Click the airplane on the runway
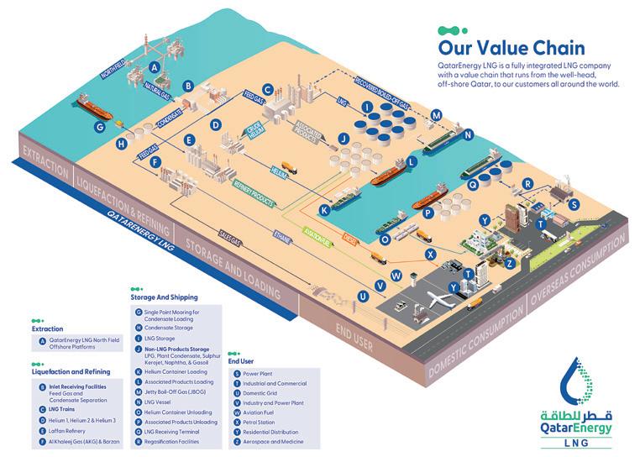point(443,300)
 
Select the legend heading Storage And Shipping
point(165,297)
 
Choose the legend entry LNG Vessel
point(160,402)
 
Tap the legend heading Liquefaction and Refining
point(71,370)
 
